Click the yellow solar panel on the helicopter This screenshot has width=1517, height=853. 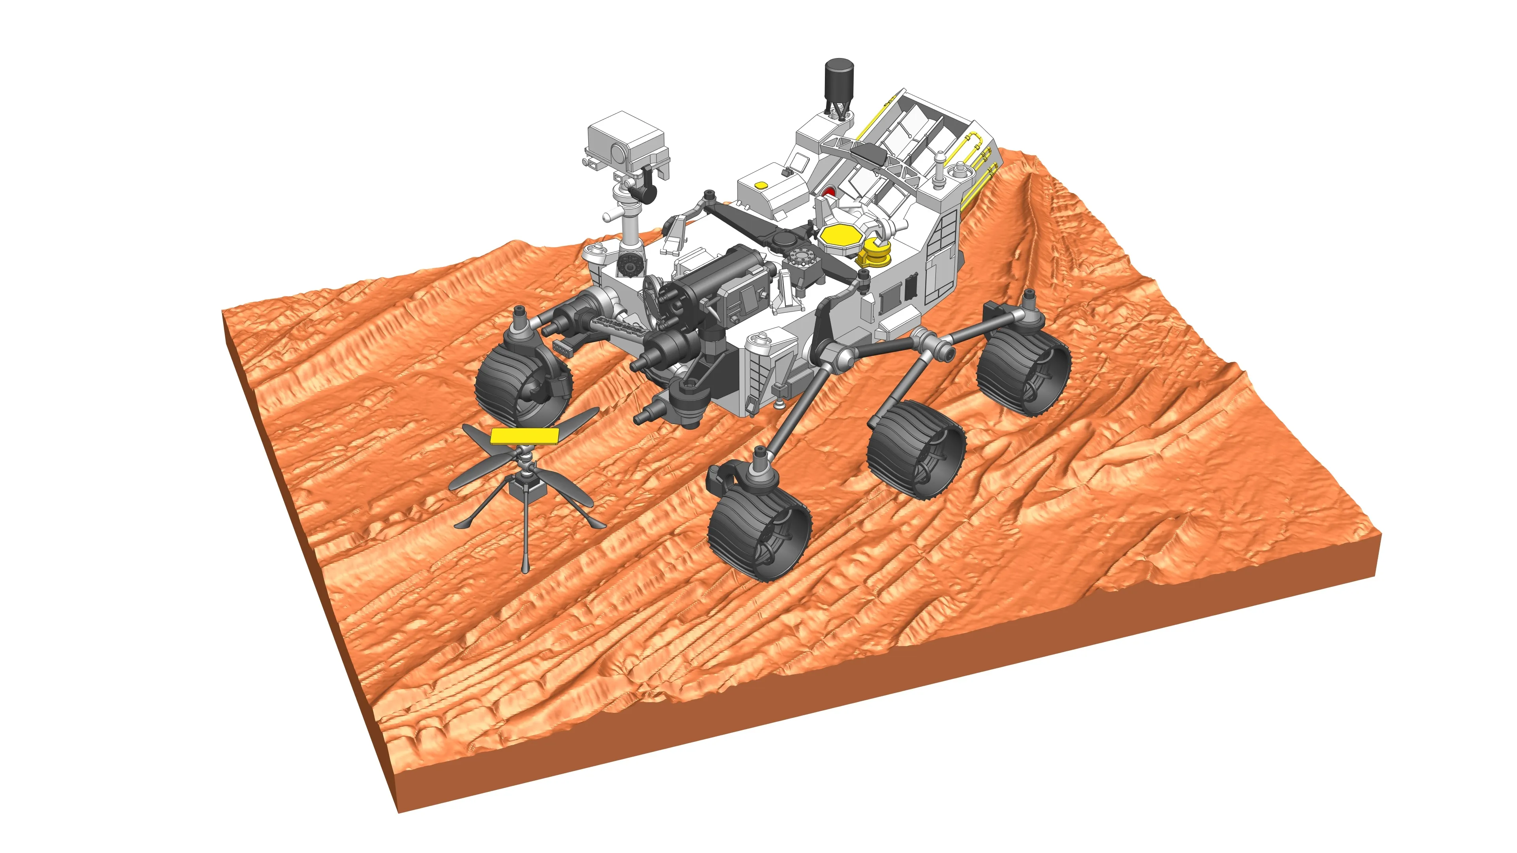point(524,435)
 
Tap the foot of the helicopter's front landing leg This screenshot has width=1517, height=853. point(525,568)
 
